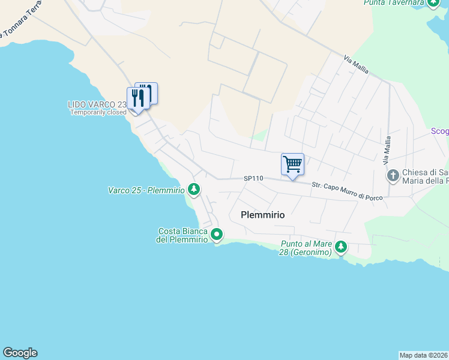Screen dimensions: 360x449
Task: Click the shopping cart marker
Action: pyautogui.click(x=292, y=164)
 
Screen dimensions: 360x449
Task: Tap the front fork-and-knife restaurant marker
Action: pyautogui.click(x=138, y=98)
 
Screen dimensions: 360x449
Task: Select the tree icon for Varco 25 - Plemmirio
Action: pyautogui.click(x=194, y=190)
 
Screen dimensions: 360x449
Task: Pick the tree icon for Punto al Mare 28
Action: pyautogui.click(x=341, y=247)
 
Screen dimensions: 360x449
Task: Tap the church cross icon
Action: pyautogui.click(x=393, y=176)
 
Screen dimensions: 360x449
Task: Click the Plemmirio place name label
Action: pyautogui.click(x=262, y=214)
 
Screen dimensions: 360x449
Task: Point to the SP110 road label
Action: pyautogui.click(x=254, y=179)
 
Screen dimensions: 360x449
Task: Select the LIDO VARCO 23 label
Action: pyautogui.click(x=96, y=104)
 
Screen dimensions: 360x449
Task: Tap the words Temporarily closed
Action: pyautogui.click(x=98, y=112)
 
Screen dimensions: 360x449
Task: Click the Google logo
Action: pyautogui.click(x=20, y=353)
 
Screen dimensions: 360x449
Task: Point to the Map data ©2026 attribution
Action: pyautogui.click(x=424, y=355)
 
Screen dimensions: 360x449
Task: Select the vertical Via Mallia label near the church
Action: pyautogui.click(x=387, y=150)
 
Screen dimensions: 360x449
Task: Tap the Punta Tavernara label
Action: pyautogui.click(x=393, y=3)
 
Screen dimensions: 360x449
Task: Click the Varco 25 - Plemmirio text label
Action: pyautogui.click(x=146, y=190)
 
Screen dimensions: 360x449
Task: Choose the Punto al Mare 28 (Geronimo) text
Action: pyautogui.click(x=306, y=248)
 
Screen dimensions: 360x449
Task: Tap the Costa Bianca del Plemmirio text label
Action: pyautogui.click(x=182, y=235)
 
